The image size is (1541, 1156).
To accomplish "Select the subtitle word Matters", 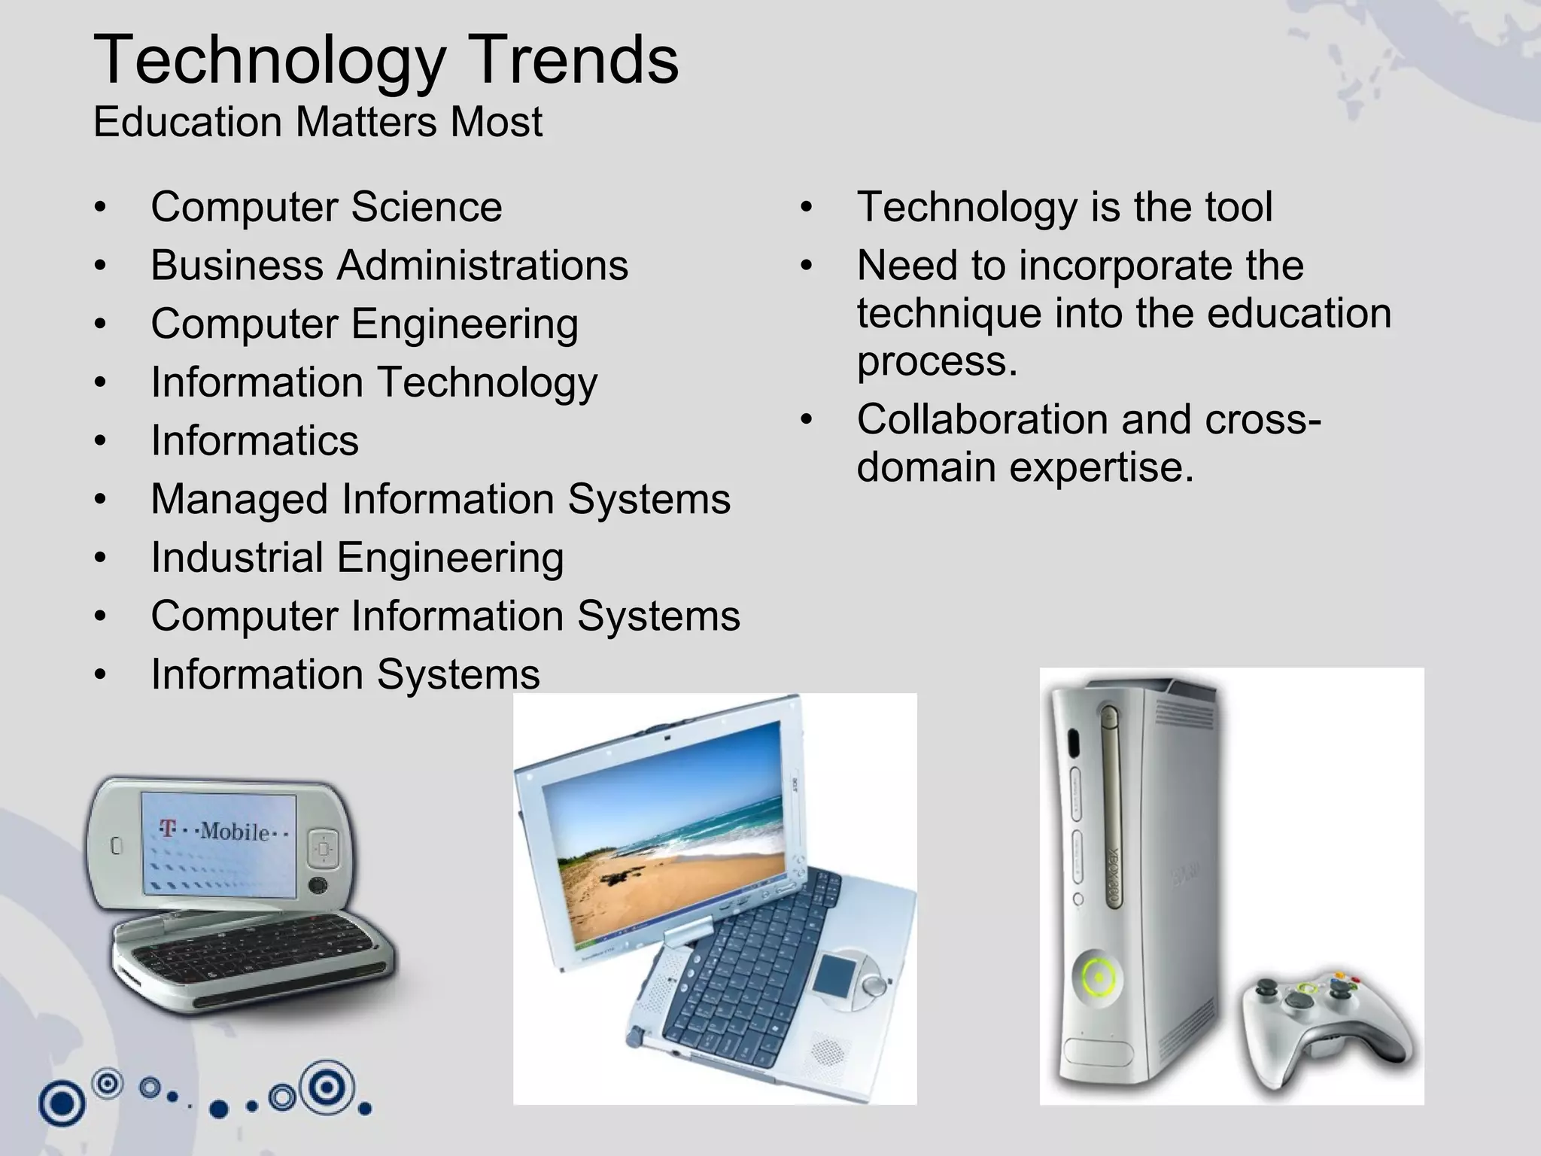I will click(x=366, y=122).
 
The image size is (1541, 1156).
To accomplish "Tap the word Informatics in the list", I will click(x=254, y=441).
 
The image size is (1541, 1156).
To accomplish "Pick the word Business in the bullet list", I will click(x=237, y=266).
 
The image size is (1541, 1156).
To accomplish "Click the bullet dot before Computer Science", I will click(x=101, y=208).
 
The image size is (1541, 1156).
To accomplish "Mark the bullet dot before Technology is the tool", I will click(x=807, y=208).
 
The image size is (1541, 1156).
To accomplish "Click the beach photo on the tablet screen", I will click(x=670, y=835).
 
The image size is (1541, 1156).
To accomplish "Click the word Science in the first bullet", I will click(x=426, y=208).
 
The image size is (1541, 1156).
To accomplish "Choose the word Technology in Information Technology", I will click(x=486, y=383).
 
